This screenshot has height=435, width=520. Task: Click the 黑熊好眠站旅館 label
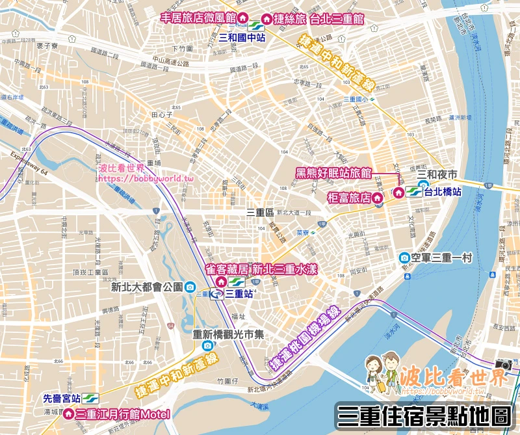click(x=333, y=173)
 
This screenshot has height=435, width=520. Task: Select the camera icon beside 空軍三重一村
click(x=405, y=258)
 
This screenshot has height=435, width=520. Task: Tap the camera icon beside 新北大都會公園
click(x=190, y=287)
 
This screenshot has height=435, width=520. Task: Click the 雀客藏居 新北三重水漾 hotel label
click(x=261, y=269)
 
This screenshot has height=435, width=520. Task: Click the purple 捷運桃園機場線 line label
click(x=305, y=337)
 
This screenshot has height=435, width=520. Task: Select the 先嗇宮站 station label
click(x=61, y=399)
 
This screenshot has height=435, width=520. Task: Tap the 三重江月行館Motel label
click(x=123, y=414)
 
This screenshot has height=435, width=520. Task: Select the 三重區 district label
click(x=259, y=212)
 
